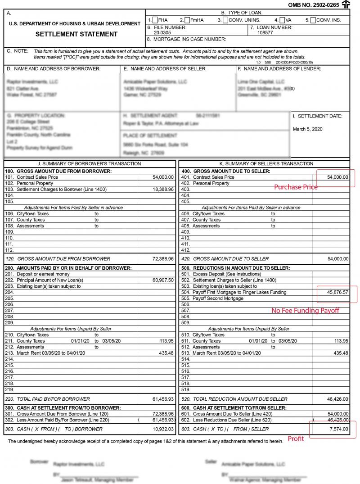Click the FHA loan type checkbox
coord(155,20)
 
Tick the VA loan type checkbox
coord(282,20)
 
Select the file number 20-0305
coord(162,33)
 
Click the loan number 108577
coord(265,33)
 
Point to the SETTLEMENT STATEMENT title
coord(76,34)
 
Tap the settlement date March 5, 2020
coord(308,129)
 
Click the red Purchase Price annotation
coord(296,187)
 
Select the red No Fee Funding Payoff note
coord(305,311)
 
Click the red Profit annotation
coord(296,439)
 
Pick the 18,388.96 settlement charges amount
coord(163,190)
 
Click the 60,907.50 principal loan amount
coord(163,280)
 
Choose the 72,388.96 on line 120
coord(163,259)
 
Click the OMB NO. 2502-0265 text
coord(313,5)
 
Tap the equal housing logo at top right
coord(346,5)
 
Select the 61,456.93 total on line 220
coord(163,399)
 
